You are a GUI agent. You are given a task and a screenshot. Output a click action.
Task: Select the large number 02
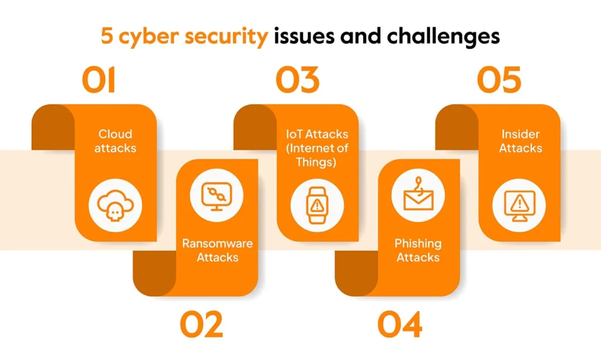[201, 325]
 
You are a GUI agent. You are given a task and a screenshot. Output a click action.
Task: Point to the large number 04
[400, 325]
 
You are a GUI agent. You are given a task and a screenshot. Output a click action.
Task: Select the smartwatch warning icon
[317, 205]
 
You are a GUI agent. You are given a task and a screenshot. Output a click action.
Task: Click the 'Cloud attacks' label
[115, 141]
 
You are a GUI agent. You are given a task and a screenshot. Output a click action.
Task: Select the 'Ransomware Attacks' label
[217, 250]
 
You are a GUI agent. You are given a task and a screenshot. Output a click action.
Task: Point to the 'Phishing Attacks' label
[418, 250]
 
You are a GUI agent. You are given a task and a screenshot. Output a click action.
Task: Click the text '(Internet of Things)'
[317, 155]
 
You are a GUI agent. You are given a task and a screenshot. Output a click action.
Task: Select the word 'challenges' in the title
[444, 36]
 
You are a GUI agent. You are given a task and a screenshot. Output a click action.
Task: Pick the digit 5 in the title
[107, 36]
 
